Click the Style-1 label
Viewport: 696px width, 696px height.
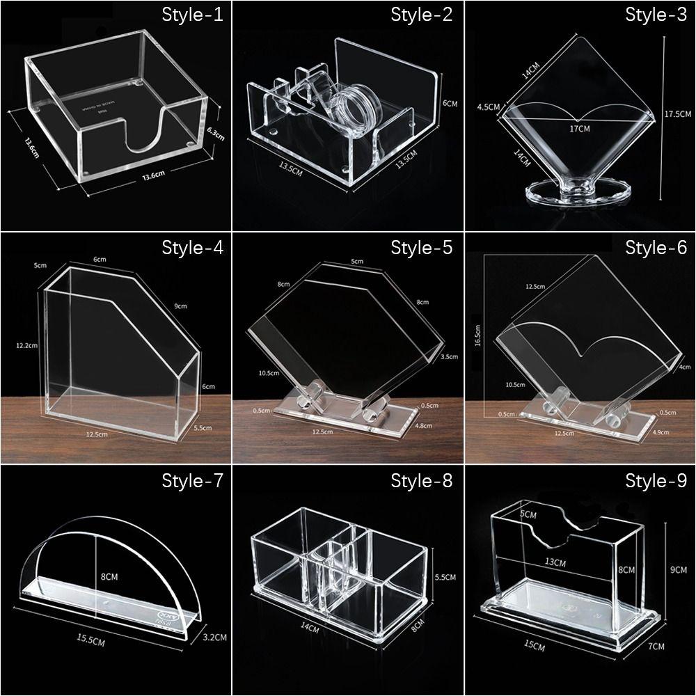pyautogui.click(x=192, y=15)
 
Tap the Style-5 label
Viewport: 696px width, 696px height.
pyautogui.click(x=422, y=247)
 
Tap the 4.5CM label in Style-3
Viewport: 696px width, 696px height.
pyautogui.click(x=489, y=107)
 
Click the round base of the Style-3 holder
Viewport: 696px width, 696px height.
pyautogui.click(x=576, y=192)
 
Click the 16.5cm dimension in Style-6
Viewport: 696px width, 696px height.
pyautogui.click(x=477, y=333)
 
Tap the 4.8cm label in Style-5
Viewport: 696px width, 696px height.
pyautogui.click(x=424, y=426)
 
